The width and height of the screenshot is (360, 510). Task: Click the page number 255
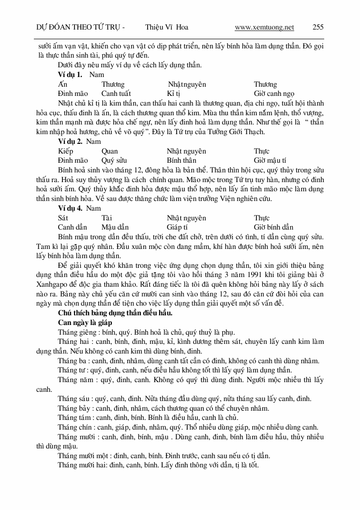tap(318, 27)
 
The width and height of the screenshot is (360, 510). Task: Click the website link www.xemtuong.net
tap(264, 27)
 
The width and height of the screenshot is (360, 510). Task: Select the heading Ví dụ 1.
tap(70, 75)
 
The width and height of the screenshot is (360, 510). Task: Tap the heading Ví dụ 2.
tap(70, 142)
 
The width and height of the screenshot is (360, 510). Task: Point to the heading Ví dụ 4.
tap(70, 209)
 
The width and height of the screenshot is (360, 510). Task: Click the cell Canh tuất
tap(116, 93)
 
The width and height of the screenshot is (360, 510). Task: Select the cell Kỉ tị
tap(173, 93)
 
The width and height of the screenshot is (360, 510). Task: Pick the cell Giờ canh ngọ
tap(274, 93)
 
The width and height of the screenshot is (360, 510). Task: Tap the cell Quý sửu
tap(114, 160)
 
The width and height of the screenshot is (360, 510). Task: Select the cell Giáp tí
tap(177, 227)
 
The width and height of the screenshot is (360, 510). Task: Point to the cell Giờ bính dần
tap(273, 227)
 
